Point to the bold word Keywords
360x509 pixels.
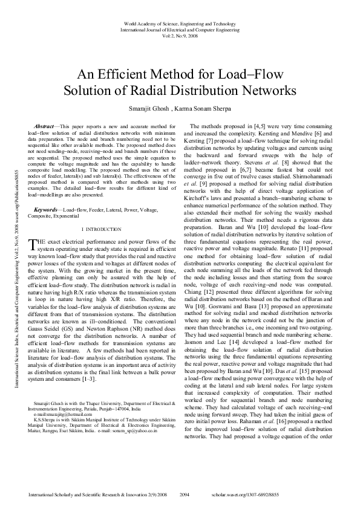[47, 208]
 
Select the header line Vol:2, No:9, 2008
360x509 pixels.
[180, 36]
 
